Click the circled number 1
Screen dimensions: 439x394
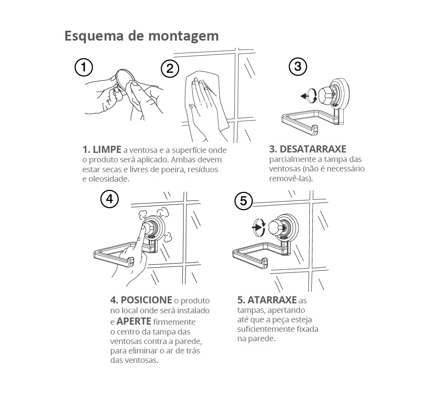(x=84, y=67)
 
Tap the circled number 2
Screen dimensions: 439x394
(x=170, y=69)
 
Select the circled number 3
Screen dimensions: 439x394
(x=298, y=67)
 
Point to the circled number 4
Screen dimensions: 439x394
(x=109, y=199)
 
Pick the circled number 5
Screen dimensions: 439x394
(x=243, y=201)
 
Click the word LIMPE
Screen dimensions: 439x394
(x=107, y=149)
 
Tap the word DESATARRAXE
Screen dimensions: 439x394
(x=313, y=149)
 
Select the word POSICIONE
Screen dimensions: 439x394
(x=146, y=300)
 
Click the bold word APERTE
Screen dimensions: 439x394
(x=134, y=321)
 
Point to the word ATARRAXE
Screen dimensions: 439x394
(x=272, y=300)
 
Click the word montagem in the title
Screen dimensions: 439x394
(x=183, y=36)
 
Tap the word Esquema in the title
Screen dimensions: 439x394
(x=94, y=36)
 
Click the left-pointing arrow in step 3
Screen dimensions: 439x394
(x=304, y=97)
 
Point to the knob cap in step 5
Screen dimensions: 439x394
(x=275, y=227)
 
